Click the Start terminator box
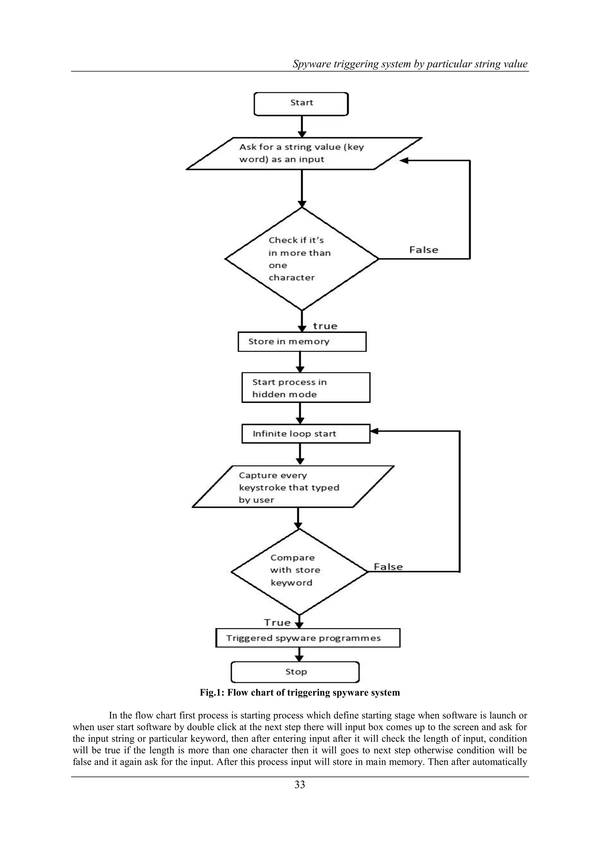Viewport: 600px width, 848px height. coord(301,104)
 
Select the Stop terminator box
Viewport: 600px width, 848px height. coord(295,672)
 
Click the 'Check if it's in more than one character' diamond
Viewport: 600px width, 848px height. coord(301,259)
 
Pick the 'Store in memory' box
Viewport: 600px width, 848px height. coord(302,342)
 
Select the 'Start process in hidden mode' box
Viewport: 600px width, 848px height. coord(306,387)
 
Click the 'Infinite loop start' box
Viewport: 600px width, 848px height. coord(306,434)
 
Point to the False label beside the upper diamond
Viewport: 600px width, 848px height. coord(423,250)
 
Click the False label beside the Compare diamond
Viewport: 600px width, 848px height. coord(388,567)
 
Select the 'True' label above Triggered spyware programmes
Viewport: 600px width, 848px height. coord(277,623)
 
